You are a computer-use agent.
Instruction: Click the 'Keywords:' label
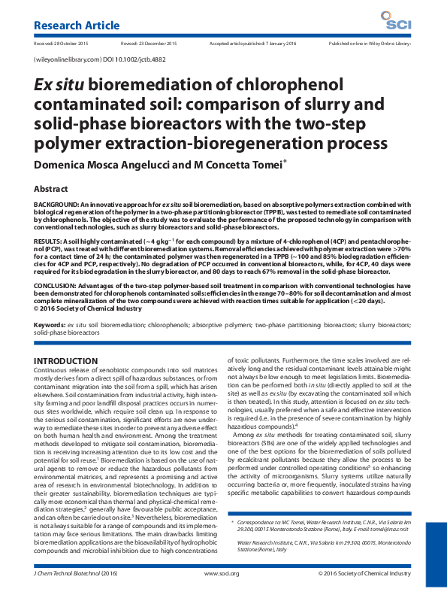50,325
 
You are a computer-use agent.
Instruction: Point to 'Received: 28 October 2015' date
62,44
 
